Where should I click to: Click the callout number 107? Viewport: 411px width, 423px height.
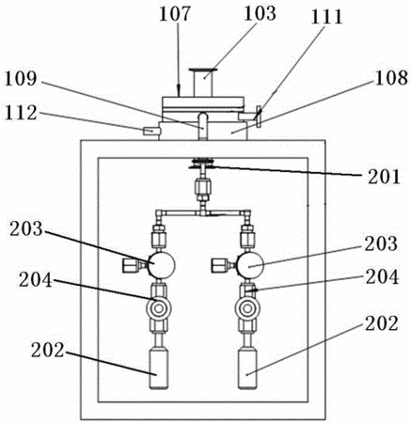pyautogui.click(x=175, y=14)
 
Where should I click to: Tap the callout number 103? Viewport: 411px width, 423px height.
pyautogui.click(x=260, y=14)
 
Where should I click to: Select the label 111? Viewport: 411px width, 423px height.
pyautogui.click(x=326, y=17)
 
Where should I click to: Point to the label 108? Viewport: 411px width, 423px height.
pyautogui.click(x=391, y=78)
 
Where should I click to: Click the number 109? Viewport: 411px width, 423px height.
pyautogui.click(x=21, y=79)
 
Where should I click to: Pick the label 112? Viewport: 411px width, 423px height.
pyautogui.click(x=21, y=113)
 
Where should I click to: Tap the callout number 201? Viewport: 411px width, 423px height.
pyautogui.click(x=384, y=177)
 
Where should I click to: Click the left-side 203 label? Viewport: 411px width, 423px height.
pyautogui.click(x=26, y=228)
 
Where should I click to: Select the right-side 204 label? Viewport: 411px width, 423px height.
pyautogui.click(x=382, y=277)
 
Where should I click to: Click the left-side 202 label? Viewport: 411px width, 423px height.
pyautogui.click(x=47, y=351)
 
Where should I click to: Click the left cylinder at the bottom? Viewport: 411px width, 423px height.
pyautogui.click(x=159, y=369)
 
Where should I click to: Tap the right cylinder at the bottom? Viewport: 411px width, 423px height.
pyautogui.click(x=247, y=369)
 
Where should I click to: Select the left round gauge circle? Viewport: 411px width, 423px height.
pyautogui.click(x=161, y=265)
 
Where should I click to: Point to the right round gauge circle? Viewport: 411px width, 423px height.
pyautogui.click(x=250, y=266)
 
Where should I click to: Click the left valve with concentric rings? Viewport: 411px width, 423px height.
pyautogui.click(x=158, y=309)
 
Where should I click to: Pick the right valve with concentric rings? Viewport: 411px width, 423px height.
pyautogui.click(x=247, y=309)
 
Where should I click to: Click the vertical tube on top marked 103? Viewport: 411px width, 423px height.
pyautogui.click(x=203, y=83)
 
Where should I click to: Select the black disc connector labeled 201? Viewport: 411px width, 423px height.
pyautogui.click(x=202, y=164)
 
